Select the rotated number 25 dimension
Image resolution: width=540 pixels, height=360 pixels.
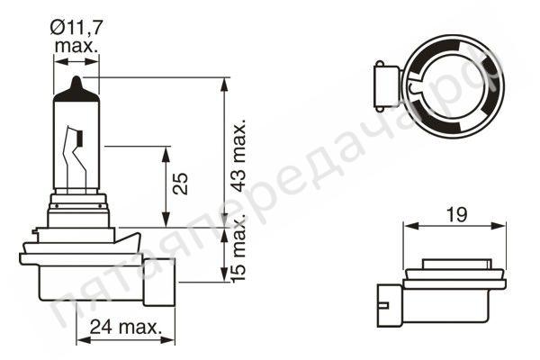(181, 184)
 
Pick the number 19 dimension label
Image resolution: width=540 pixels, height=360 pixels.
(455, 214)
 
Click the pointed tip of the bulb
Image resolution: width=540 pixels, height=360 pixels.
(77, 82)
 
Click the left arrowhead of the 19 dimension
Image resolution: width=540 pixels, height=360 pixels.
(406, 225)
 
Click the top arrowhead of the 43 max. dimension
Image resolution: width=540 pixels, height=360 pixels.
(223, 82)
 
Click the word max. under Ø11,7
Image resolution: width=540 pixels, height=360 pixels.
(76, 44)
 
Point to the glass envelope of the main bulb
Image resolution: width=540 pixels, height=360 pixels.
(77, 135)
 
